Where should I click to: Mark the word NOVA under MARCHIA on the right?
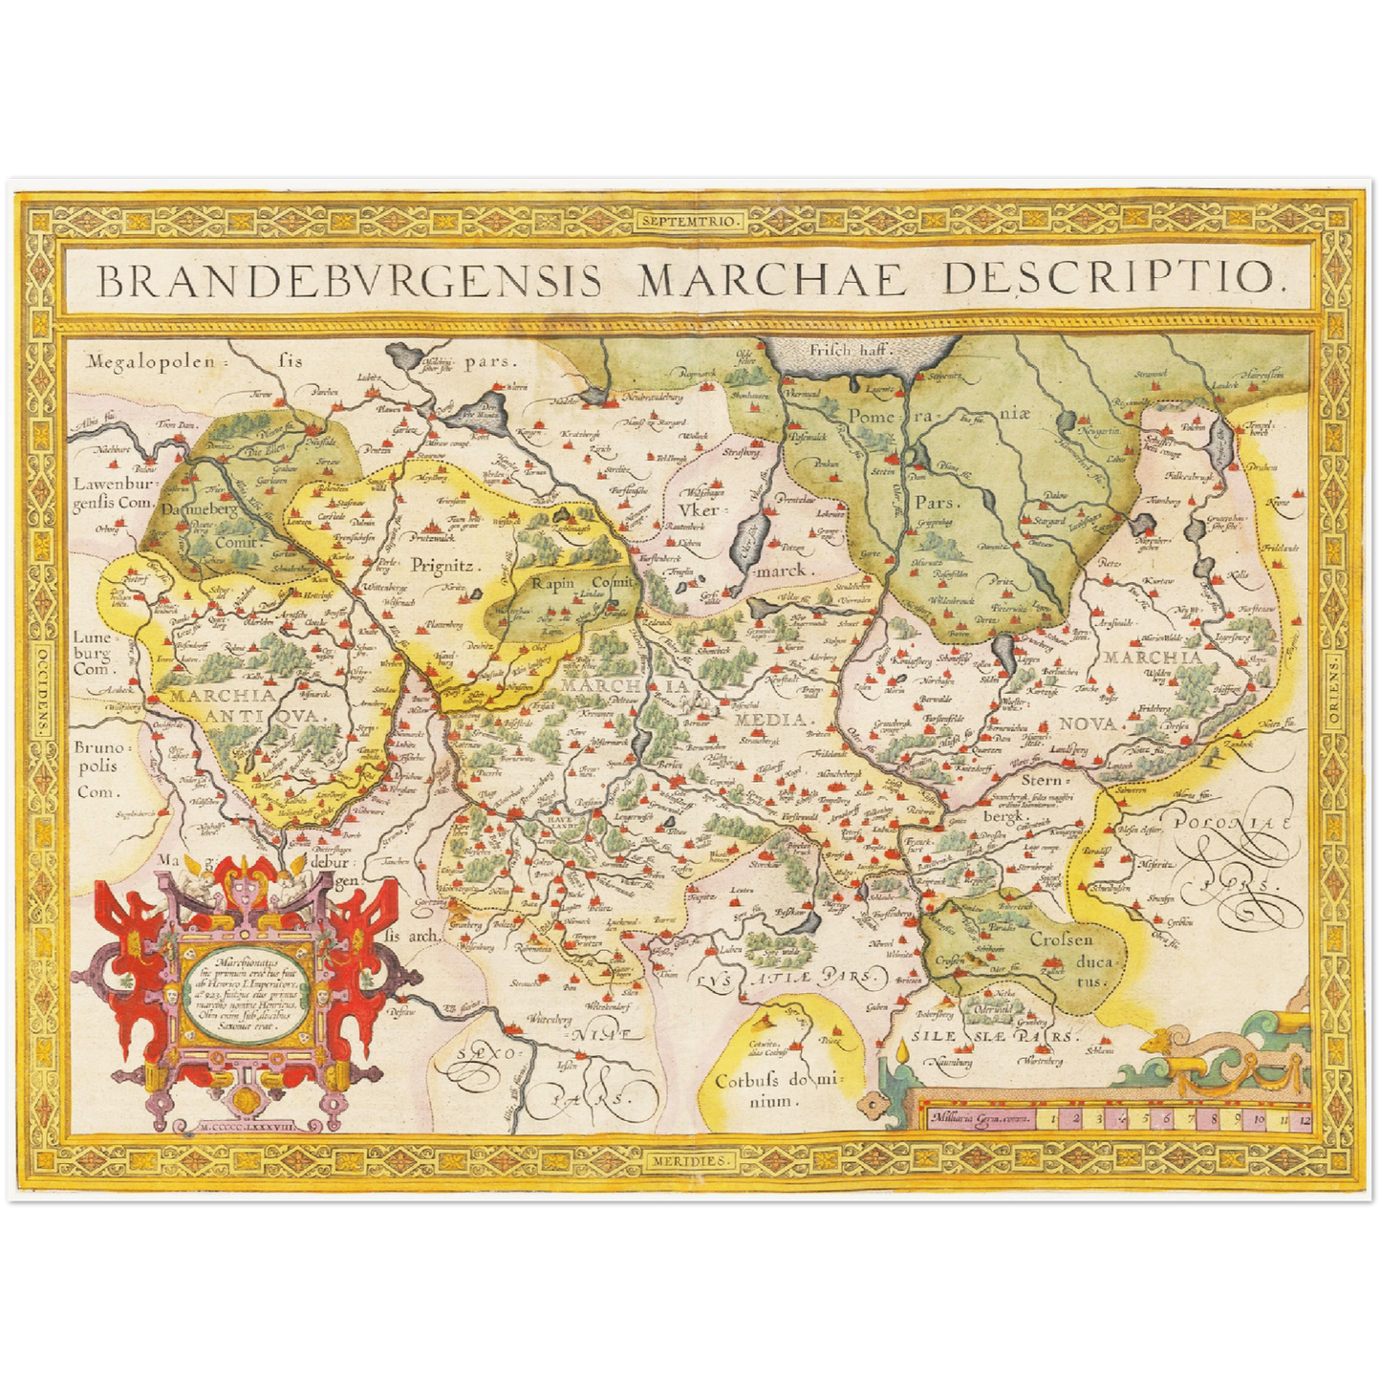(x=1088, y=723)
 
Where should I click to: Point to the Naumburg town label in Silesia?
(x=950, y=1061)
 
